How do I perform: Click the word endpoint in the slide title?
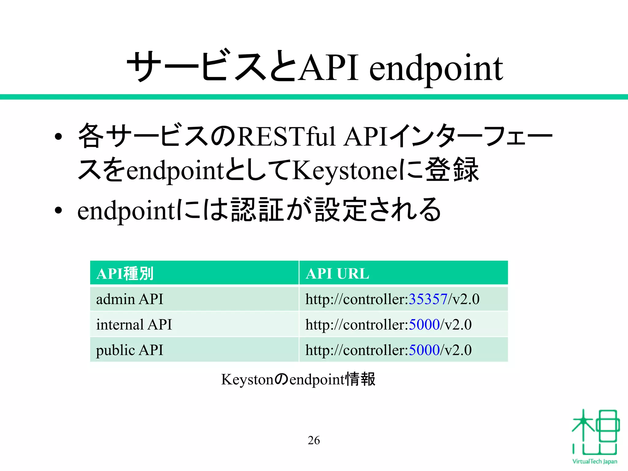436,69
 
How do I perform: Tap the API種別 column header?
125,274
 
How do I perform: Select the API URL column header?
337,274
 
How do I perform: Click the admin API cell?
129,299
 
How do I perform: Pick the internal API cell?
134,324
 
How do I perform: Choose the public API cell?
129,350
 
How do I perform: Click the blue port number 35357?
428,299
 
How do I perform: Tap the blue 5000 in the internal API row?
424,324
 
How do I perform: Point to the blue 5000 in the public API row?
424,350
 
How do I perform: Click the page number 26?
314,440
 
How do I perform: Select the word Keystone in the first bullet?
342,170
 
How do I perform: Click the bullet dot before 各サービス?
58,137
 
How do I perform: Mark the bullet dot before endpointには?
58,211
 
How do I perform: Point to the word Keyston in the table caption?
247,380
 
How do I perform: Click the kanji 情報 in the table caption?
360,379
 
